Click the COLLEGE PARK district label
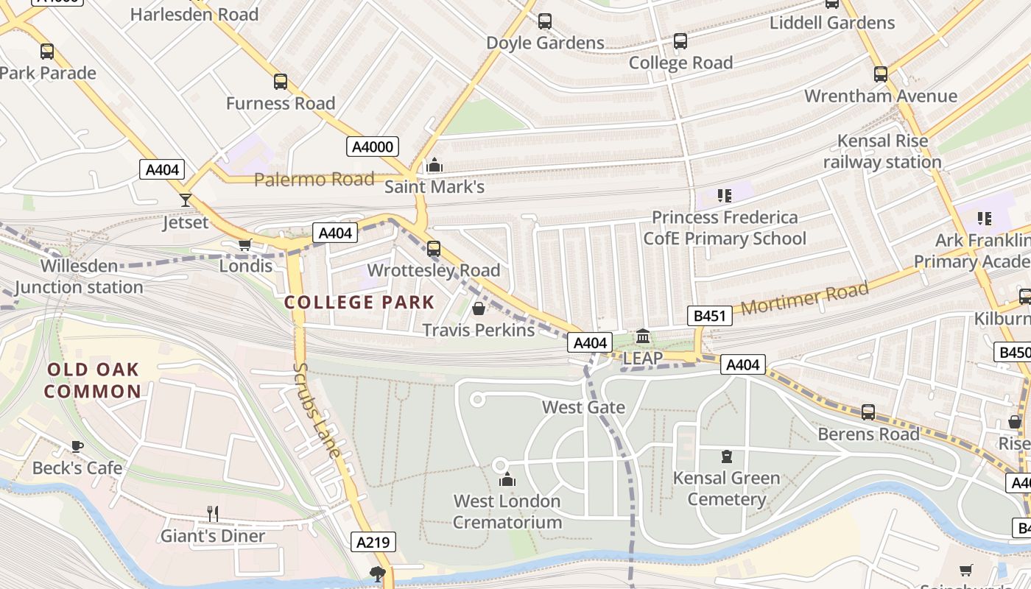coord(359,303)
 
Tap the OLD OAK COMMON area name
coord(92,380)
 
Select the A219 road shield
coord(373,543)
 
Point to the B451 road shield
coord(710,317)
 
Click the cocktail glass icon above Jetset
coord(185,200)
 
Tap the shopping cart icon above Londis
coord(245,244)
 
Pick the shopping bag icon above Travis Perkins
coord(478,308)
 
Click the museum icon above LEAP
coord(642,336)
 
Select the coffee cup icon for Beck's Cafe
coord(77,446)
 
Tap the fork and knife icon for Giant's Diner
coord(212,513)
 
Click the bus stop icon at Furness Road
coord(280,82)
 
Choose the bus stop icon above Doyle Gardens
coord(545,21)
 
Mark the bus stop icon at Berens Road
coord(868,412)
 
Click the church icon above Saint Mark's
coord(434,165)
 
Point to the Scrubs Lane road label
coord(316,409)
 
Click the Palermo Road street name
coord(314,180)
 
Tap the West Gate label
coord(583,407)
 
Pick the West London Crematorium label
coord(507,512)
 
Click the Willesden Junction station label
coord(79,276)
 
